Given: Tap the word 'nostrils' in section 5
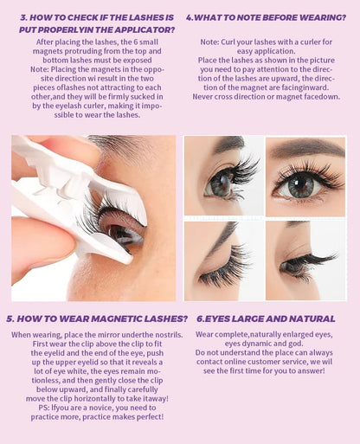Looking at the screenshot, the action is click(169, 335).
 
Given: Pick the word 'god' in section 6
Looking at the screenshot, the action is click(297, 344).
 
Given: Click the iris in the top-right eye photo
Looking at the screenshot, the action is click(301, 184).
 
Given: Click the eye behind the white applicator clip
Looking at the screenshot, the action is click(125, 232).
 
